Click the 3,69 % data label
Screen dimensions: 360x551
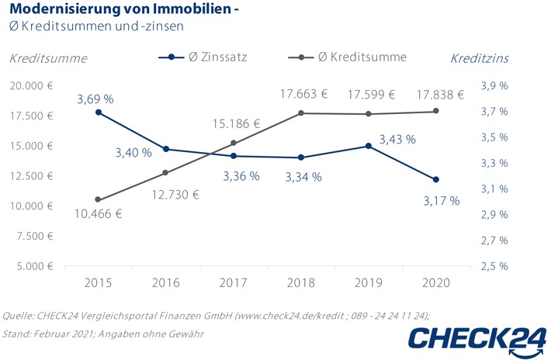pyautogui.click(x=95, y=99)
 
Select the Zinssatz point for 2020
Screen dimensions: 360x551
pyautogui.click(x=436, y=180)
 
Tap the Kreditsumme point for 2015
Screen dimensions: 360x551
pyautogui.click(x=98, y=199)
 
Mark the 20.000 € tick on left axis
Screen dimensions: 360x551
pyautogui.click(x=32, y=86)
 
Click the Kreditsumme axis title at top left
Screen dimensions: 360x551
pyautogui.click(x=48, y=58)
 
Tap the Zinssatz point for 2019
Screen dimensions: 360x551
pyautogui.click(x=368, y=145)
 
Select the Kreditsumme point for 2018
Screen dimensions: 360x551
pyautogui.click(x=300, y=113)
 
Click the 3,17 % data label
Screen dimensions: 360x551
pyautogui.click(x=441, y=201)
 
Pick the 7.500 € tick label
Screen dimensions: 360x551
pyautogui.click(x=34, y=236)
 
